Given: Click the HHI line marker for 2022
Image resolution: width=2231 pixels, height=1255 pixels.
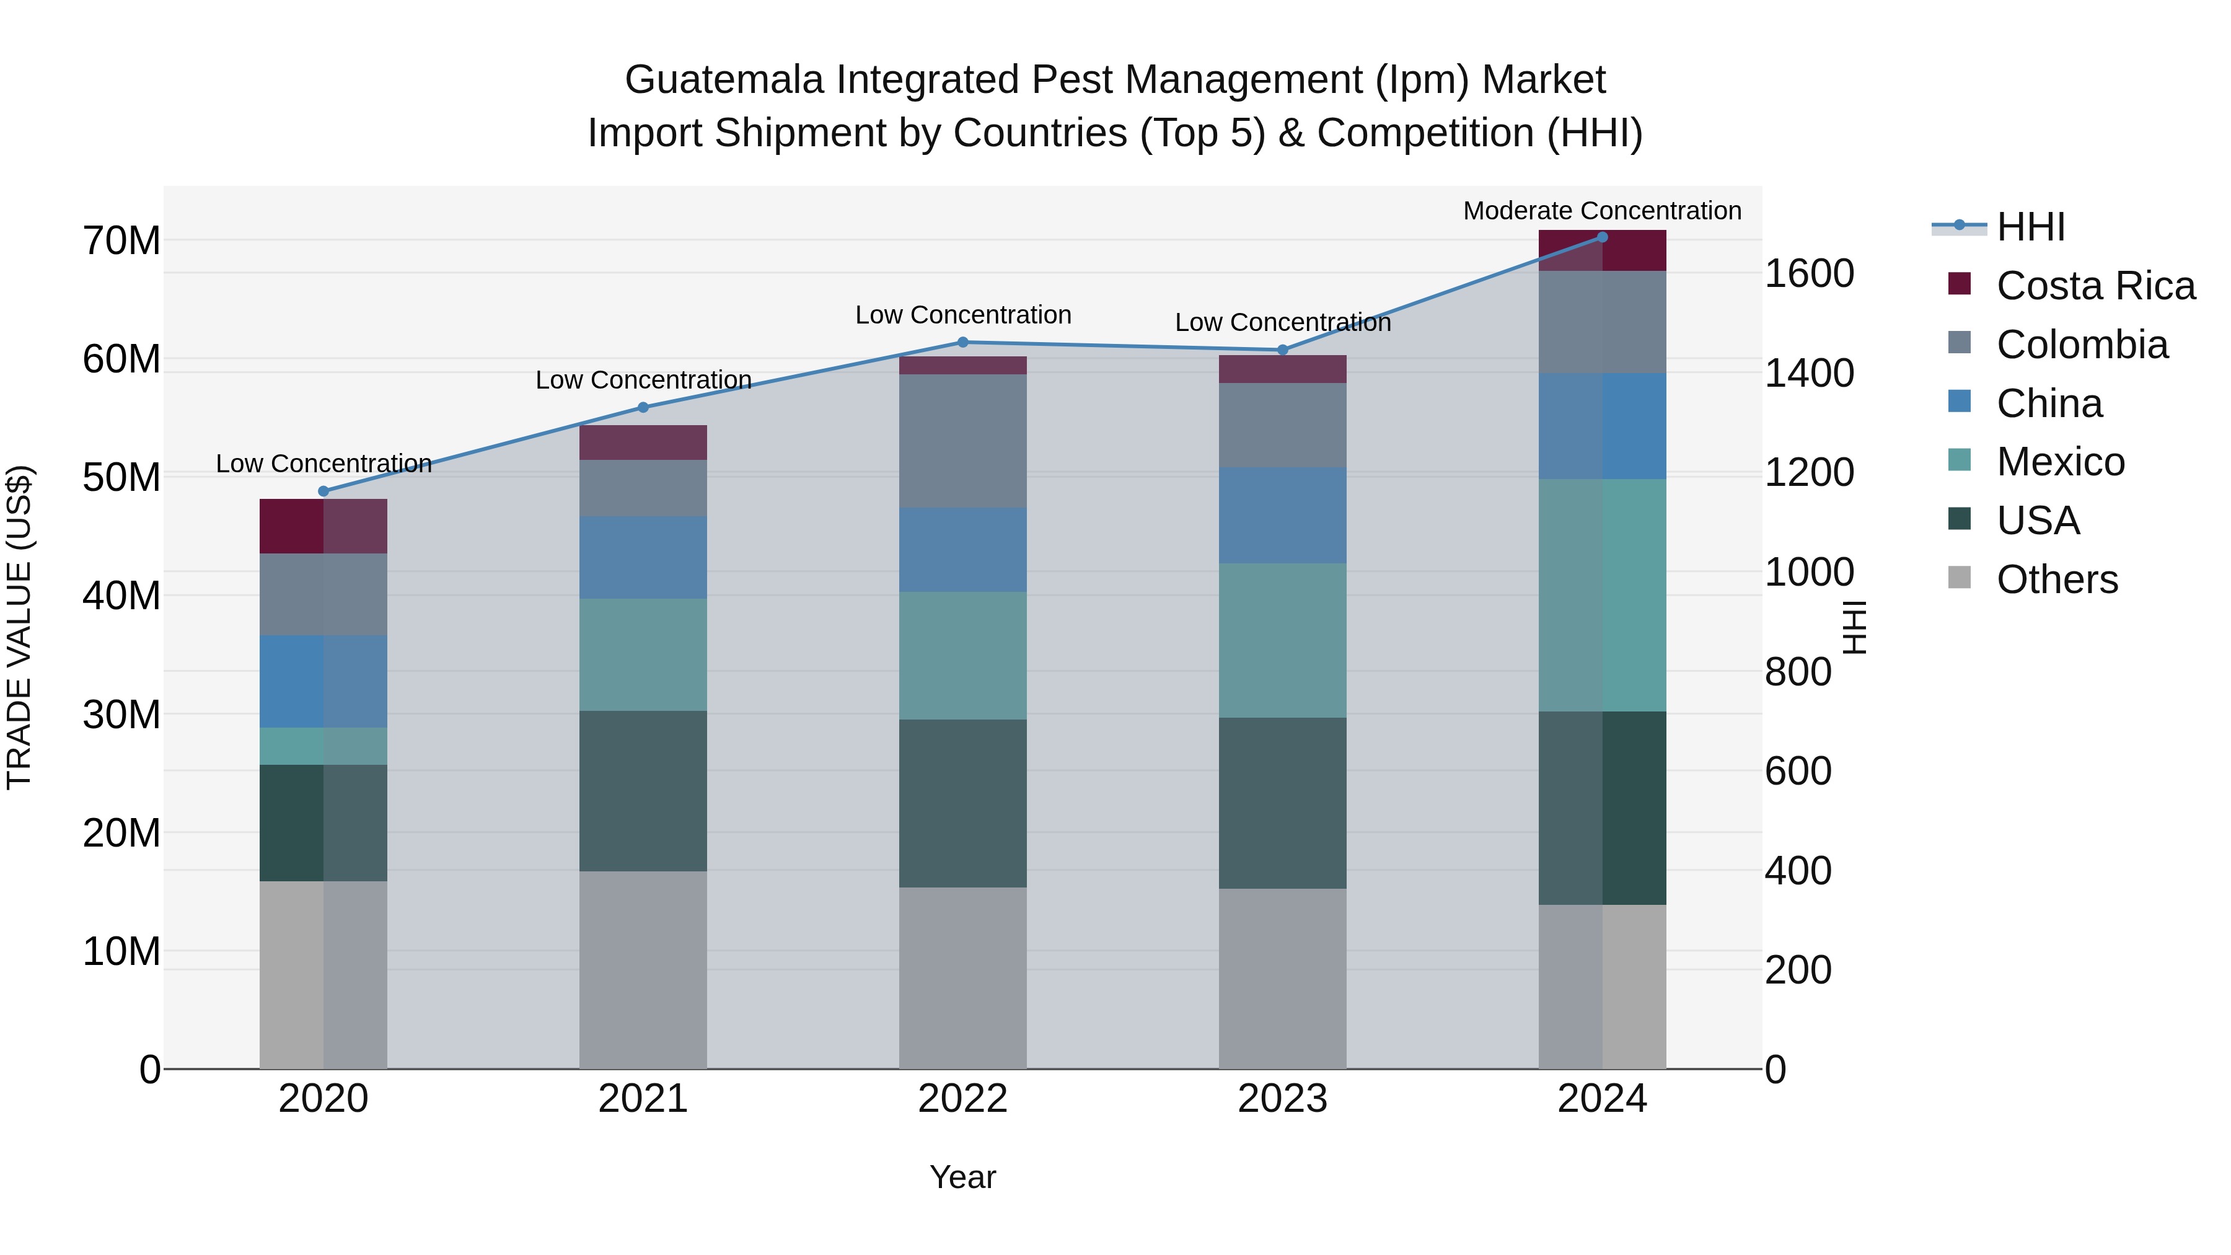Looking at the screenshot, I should tap(962, 342).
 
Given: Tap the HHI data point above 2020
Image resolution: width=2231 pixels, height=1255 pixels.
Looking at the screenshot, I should tap(324, 491).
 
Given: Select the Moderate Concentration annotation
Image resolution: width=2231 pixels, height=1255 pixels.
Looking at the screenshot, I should tap(1601, 211).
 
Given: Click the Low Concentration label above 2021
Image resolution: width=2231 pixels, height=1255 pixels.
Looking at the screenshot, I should tap(643, 381).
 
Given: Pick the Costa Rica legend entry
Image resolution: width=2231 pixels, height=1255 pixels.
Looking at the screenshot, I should tap(2095, 286).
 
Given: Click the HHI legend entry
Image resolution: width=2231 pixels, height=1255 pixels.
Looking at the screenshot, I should tap(2030, 227).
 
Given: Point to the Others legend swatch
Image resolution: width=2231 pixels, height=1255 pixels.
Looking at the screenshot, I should tap(1959, 578).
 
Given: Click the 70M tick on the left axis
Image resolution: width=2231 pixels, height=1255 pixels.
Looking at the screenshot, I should tap(121, 241).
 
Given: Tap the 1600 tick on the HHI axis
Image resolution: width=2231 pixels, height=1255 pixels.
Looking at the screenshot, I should tap(1809, 274).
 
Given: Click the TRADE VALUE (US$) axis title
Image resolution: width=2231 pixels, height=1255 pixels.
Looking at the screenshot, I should tap(19, 627).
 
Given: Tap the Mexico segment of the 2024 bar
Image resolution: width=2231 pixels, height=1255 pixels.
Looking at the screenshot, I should tap(1601, 595).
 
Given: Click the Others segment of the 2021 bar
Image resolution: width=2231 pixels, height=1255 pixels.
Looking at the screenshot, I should tap(643, 969).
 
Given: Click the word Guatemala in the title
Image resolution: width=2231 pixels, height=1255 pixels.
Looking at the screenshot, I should tap(724, 81).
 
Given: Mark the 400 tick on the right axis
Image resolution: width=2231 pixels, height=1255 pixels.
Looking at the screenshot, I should tap(1798, 871).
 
